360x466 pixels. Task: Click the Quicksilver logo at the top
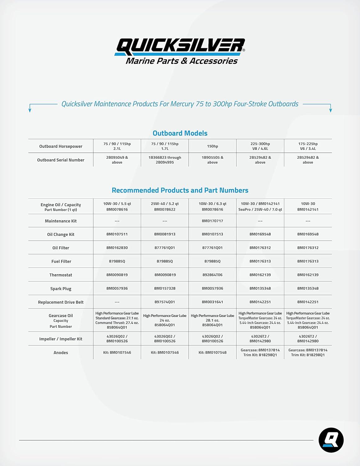(x=180, y=51)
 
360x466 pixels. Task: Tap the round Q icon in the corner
(x=331, y=440)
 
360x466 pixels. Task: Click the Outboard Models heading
(x=180, y=133)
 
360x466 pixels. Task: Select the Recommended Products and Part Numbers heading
(x=180, y=190)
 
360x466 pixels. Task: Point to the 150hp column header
(x=212, y=146)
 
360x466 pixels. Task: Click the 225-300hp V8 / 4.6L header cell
(x=260, y=146)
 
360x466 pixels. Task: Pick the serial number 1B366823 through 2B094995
(x=165, y=160)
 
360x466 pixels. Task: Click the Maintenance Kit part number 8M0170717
(x=212, y=221)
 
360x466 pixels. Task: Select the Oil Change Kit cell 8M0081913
(x=165, y=234)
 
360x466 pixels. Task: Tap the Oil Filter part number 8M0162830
(x=117, y=248)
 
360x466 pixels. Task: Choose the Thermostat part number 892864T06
(x=212, y=275)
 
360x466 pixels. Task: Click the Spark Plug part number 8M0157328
(x=165, y=288)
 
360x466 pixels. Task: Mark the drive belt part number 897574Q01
(x=165, y=302)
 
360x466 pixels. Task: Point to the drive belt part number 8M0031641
(x=212, y=302)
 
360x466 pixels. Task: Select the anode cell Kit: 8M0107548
(x=212, y=353)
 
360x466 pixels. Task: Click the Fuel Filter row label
(x=61, y=261)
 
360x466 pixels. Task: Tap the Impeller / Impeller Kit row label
(x=61, y=339)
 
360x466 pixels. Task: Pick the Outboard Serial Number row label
(x=61, y=160)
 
